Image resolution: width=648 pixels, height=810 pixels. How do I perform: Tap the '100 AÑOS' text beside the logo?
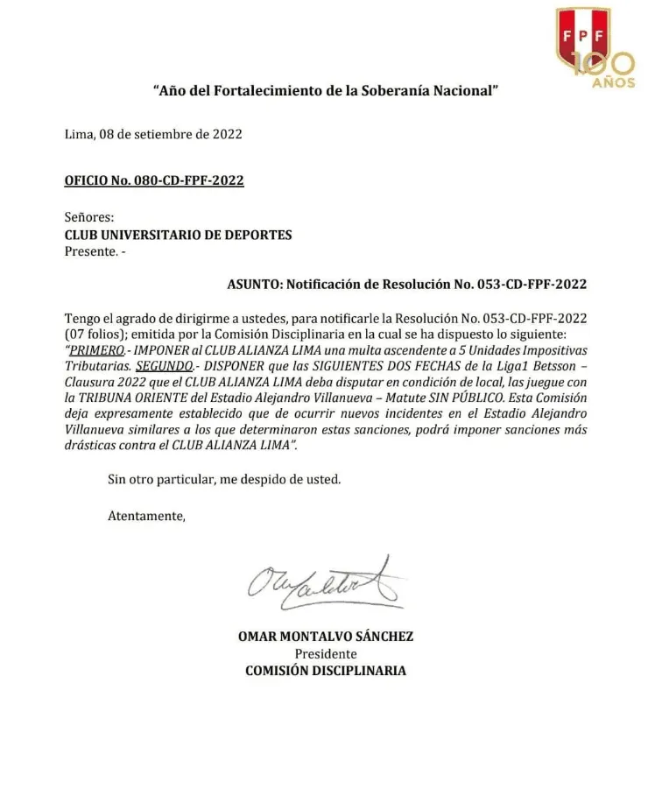point(606,70)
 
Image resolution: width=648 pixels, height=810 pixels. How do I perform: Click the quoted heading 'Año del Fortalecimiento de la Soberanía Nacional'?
point(326,90)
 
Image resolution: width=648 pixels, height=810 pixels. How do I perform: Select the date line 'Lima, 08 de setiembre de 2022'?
point(153,134)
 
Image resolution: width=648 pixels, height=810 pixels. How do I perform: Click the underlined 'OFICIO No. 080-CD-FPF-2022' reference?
point(154,180)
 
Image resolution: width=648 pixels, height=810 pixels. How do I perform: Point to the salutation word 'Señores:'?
point(89,216)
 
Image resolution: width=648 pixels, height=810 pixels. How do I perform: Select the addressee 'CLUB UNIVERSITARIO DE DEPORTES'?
point(179,235)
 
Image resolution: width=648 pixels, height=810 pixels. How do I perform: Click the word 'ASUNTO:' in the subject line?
point(255,284)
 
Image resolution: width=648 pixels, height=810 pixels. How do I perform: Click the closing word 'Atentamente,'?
point(146,516)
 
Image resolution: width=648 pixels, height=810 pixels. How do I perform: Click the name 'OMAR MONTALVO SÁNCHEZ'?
point(325,637)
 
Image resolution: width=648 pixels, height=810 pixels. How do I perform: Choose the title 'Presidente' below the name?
point(325,653)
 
